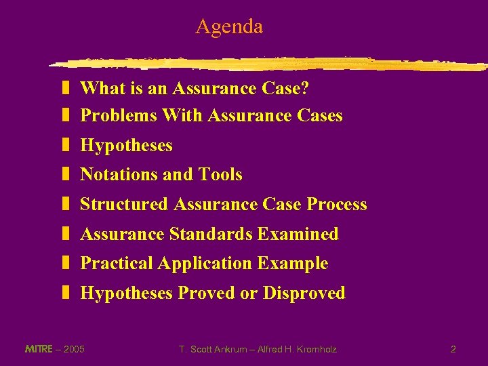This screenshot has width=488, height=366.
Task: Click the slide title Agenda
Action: pos(229,27)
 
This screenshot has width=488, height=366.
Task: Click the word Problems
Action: pos(119,116)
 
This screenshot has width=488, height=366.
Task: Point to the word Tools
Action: pos(220,175)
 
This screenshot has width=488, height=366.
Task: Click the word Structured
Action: pos(124,205)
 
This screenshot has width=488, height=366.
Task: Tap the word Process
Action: pos(337,205)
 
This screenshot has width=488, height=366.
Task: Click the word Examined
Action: pos(298,235)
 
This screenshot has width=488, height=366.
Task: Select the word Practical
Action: pos(116,264)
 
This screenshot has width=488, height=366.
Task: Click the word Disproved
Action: pos(304,293)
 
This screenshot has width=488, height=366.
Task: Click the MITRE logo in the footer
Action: pos(38,349)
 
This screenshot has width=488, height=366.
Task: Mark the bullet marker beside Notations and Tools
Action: pos(66,175)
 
